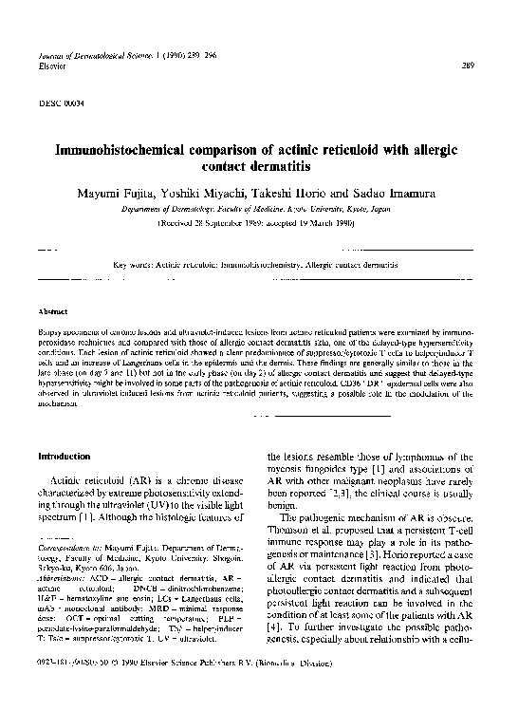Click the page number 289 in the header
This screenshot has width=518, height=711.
coord(467,65)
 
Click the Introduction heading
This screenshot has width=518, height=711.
coord(65,457)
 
